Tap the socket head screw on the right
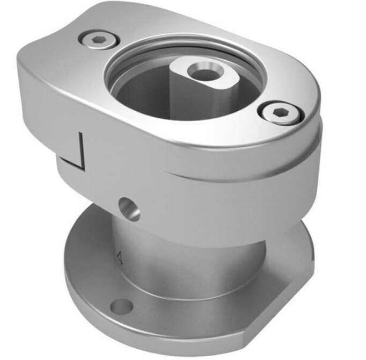pos(280,113)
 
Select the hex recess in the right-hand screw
pos(281,113)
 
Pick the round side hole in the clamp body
pos(129,208)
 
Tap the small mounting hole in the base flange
pos(121,307)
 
